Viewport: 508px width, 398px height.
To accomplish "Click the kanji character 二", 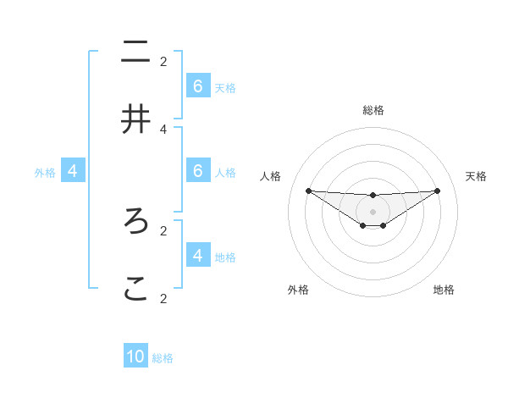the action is coord(135,52).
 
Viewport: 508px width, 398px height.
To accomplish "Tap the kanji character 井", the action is coord(135,119).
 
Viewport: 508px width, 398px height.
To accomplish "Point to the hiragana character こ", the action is coord(135,289).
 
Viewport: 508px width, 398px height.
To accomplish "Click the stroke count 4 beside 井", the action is coord(163,129).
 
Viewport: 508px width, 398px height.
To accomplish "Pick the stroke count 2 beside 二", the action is coord(163,61).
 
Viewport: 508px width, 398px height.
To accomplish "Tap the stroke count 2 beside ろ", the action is coord(163,229).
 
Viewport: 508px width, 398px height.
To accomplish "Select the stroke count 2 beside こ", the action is coord(163,298).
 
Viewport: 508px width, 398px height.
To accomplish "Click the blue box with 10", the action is coord(135,357).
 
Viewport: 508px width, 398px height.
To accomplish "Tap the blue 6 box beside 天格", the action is coord(198,86).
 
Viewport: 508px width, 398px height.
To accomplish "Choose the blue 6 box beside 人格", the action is coord(198,171).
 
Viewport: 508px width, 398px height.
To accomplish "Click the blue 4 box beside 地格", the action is coord(198,255).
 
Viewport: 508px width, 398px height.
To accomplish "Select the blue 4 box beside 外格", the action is coord(73,171).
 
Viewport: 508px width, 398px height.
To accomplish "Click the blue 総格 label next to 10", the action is coord(163,358).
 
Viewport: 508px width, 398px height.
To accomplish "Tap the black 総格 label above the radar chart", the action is coord(373,110).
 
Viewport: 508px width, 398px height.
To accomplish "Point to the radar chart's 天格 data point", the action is coord(438,191).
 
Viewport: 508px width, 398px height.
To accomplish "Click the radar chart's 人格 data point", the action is coord(308,191).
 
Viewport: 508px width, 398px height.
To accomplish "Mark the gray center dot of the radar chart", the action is coord(373,212).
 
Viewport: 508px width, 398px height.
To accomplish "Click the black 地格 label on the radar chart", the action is coord(444,290).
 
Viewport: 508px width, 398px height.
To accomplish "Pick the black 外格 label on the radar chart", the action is coord(298,290).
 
